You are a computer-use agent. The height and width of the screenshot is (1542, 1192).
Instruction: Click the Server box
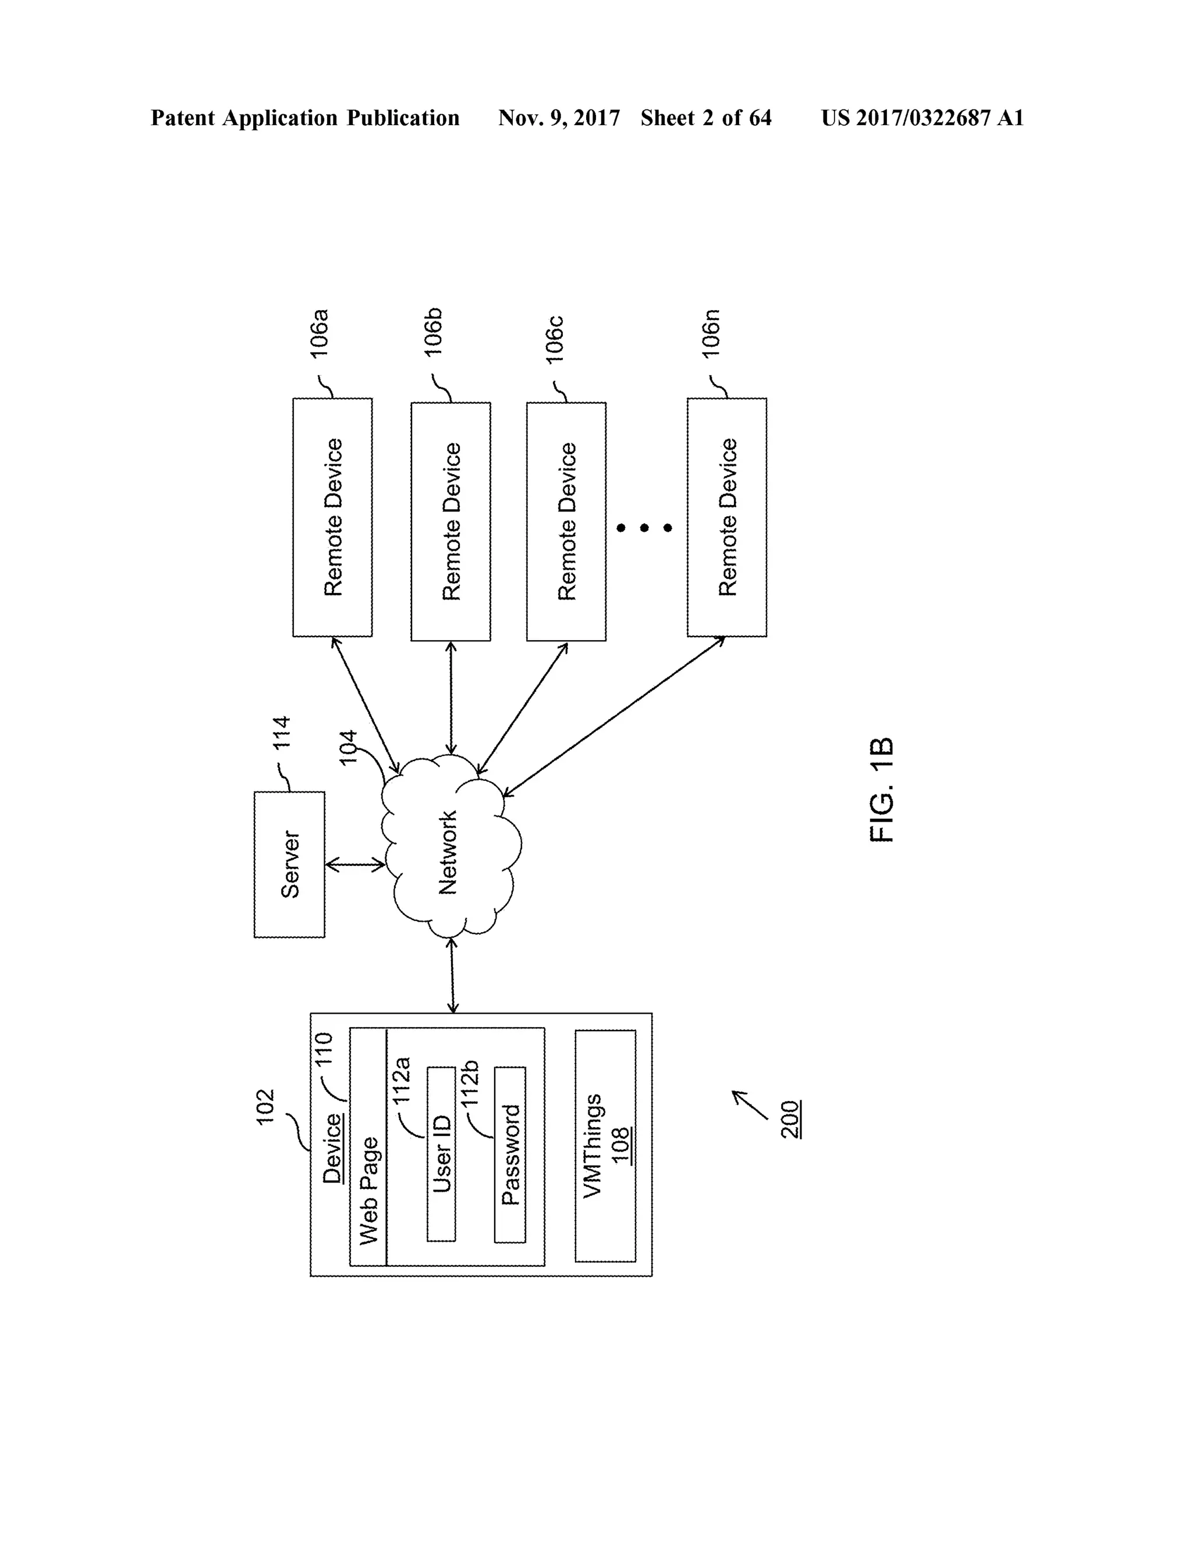(x=289, y=864)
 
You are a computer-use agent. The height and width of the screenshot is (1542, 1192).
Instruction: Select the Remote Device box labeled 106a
(x=332, y=517)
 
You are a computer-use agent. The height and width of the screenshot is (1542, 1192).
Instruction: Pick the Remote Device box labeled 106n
(x=726, y=517)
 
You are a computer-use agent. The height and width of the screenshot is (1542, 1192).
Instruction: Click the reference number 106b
(x=433, y=332)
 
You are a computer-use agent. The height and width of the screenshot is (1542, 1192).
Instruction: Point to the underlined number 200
(x=790, y=1119)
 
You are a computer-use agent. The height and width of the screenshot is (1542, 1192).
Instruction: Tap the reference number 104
(x=348, y=747)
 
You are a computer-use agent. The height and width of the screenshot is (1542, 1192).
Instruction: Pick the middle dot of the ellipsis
(x=644, y=527)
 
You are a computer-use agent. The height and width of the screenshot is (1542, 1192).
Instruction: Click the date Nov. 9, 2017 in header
(x=559, y=118)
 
